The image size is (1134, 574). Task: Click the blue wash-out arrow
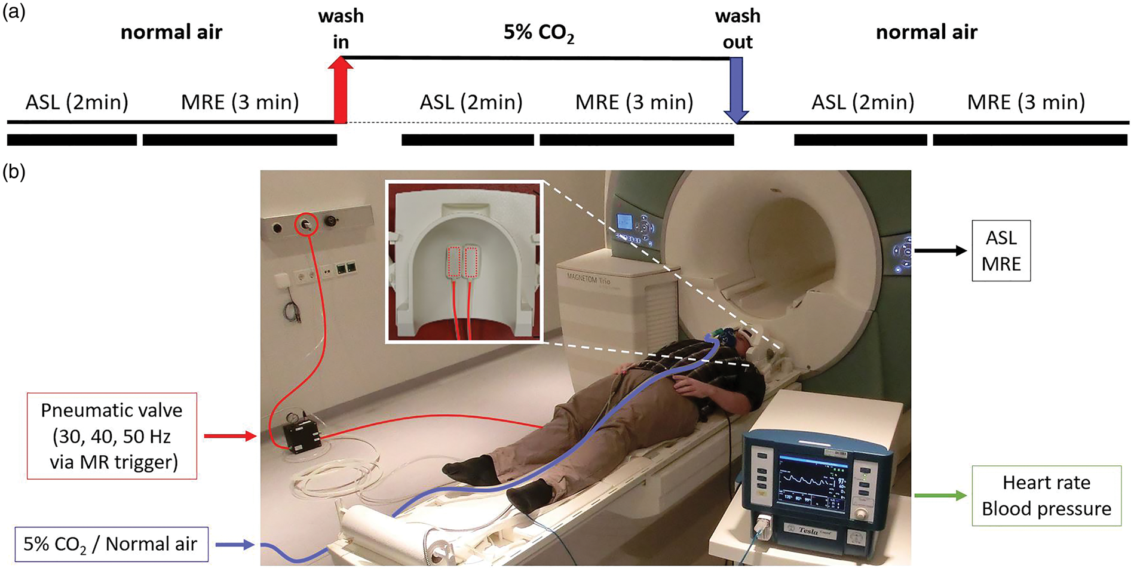[x=737, y=90]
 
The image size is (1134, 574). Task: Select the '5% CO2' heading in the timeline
[x=539, y=33]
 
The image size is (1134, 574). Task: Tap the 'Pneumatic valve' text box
[x=112, y=436]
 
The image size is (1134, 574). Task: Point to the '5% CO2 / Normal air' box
[x=111, y=544]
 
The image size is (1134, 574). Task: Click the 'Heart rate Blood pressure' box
[x=1046, y=496]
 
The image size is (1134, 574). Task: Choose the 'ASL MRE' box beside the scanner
[x=1001, y=251]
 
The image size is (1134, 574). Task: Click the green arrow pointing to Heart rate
[x=940, y=495]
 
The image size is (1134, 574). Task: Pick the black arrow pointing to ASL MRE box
[x=940, y=251]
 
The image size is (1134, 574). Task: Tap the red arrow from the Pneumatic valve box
[x=230, y=436]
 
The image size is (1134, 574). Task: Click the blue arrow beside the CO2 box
[x=235, y=545]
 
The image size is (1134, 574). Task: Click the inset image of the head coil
[x=464, y=262]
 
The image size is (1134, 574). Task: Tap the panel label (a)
[x=14, y=13]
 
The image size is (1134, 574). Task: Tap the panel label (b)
[x=14, y=173]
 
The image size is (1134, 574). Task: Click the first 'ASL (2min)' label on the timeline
[x=76, y=103]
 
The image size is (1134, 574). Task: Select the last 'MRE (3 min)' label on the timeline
[x=1026, y=103]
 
